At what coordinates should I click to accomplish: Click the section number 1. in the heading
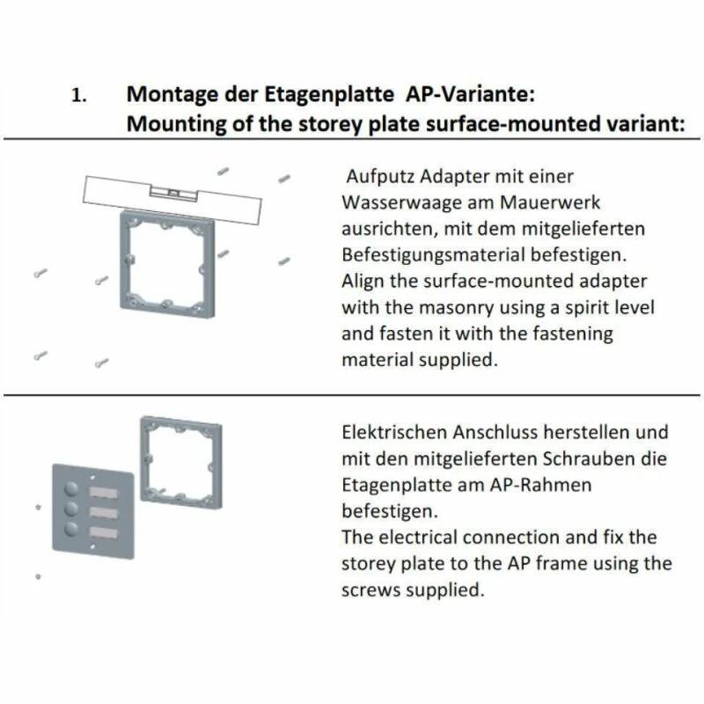click(x=79, y=95)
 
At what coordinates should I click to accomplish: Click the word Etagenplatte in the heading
click(x=328, y=95)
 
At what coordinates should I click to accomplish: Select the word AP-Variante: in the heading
click(x=470, y=94)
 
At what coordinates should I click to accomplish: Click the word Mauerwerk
click(x=549, y=202)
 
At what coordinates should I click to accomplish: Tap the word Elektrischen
click(x=394, y=432)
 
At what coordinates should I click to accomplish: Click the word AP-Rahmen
click(x=540, y=485)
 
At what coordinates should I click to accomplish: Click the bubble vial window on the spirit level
click(x=173, y=193)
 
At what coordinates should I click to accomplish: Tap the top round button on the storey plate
click(x=71, y=488)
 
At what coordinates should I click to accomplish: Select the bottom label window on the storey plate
click(x=104, y=532)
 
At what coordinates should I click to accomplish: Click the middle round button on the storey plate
click(x=71, y=509)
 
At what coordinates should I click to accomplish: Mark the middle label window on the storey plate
click(x=104, y=513)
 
